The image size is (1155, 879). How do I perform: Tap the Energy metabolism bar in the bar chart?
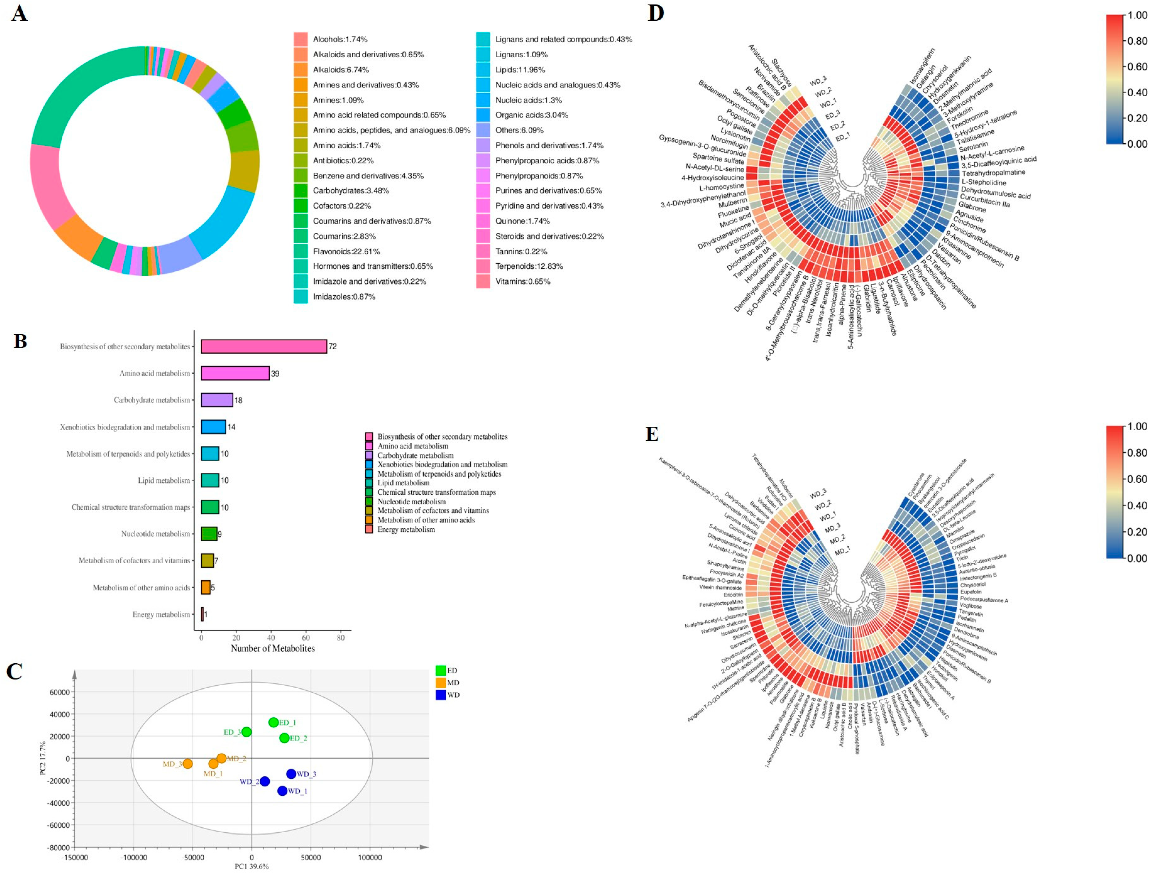click(202, 614)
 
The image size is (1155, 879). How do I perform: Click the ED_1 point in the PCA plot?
click(273, 723)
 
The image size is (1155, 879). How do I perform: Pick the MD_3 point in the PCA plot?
click(187, 764)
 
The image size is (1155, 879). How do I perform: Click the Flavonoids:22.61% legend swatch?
click(301, 251)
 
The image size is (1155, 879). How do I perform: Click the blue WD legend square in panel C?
click(440, 695)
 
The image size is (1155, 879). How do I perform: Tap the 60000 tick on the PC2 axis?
click(59, 692)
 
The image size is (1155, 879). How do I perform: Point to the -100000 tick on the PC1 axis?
click(134, 858)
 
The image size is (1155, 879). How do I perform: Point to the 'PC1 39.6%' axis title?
click(251, 867)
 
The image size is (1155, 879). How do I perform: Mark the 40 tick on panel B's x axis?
click(271, 638)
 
